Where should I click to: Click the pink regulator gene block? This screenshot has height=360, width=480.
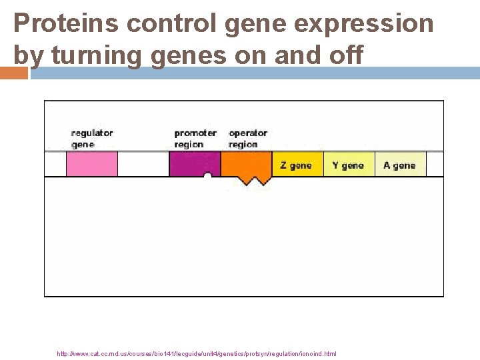point(91,164)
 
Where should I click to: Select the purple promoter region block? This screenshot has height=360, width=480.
point(194,163)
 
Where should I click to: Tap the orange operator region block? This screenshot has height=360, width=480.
point(246,164)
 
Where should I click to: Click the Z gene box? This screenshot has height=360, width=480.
point(297,165)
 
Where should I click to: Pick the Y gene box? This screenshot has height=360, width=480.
point(348,165)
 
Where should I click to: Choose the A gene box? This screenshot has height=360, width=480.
point(399,165)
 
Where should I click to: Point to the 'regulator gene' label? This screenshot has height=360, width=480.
point(92,139)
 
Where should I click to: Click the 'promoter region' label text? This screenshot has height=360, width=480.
point(195,139)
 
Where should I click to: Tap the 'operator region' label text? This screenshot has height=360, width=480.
point(247,139)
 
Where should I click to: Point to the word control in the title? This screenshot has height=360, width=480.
point(173,24)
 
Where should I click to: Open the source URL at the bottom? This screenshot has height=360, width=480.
point(197,353)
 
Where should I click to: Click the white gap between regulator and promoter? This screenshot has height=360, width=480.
point(143,164)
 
